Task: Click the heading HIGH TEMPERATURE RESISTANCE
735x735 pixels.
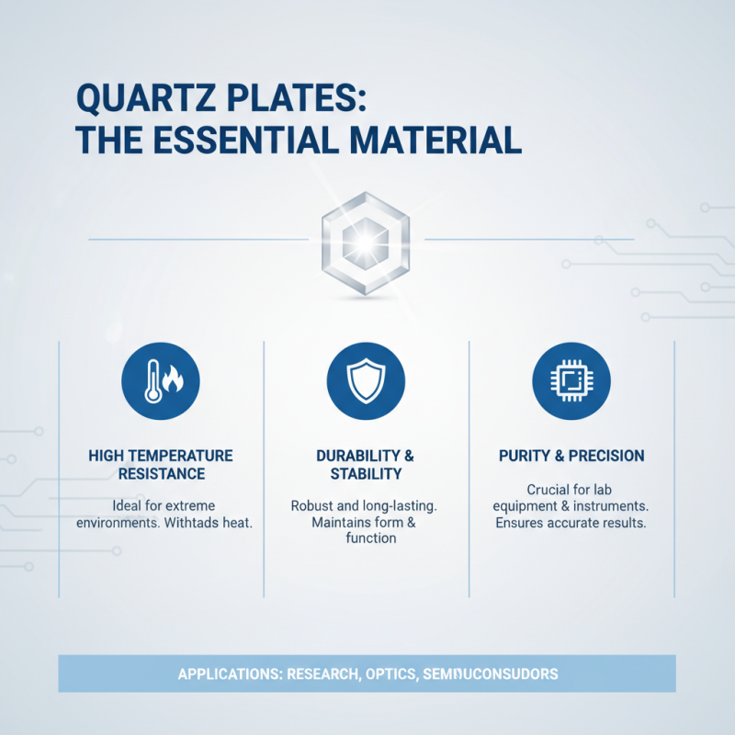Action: (x=161, y=465)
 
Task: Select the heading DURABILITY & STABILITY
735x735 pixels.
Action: (x=366, y=465)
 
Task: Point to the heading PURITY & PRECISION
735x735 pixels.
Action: (x=571, y=456)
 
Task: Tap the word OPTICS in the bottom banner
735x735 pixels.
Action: (x=390, y=674)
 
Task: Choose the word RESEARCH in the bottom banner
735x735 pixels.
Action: (x=322, y=674)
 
